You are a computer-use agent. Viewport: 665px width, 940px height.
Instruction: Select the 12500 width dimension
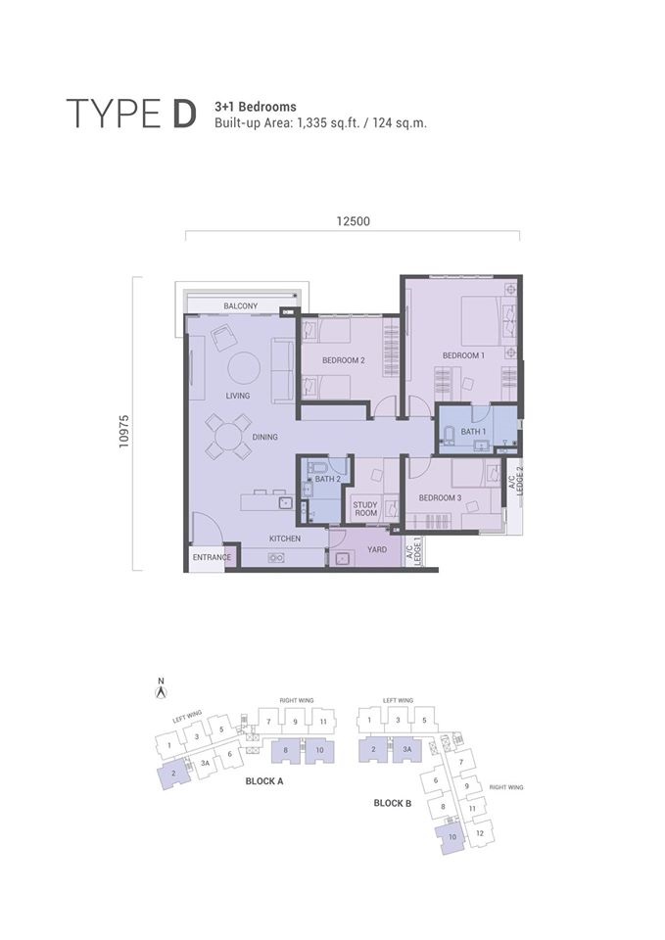(353, 221)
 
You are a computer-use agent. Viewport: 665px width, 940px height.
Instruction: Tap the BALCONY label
(240, 306)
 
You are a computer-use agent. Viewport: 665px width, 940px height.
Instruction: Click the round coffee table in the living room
(244, 368)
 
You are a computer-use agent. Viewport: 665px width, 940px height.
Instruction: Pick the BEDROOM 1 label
(463, 354)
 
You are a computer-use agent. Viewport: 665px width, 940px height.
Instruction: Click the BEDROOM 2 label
(343, 360)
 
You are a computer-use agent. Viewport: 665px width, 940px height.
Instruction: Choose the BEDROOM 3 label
(440, 497)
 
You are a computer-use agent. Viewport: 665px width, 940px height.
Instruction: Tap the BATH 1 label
(473, 431)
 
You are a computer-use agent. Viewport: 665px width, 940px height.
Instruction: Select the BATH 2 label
(327, 479)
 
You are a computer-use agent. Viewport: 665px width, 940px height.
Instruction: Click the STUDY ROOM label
(365, 508)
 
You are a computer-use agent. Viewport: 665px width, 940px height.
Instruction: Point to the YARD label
(376, 550)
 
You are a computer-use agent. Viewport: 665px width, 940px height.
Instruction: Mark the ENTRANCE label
(211, 557)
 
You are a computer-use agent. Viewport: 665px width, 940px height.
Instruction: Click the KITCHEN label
(285, 539)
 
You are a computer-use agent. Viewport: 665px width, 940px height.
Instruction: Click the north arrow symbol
(162, 692)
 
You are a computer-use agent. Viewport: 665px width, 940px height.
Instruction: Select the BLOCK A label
(264, 782)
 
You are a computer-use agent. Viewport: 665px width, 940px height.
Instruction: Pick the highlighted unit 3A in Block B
(406, 751)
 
